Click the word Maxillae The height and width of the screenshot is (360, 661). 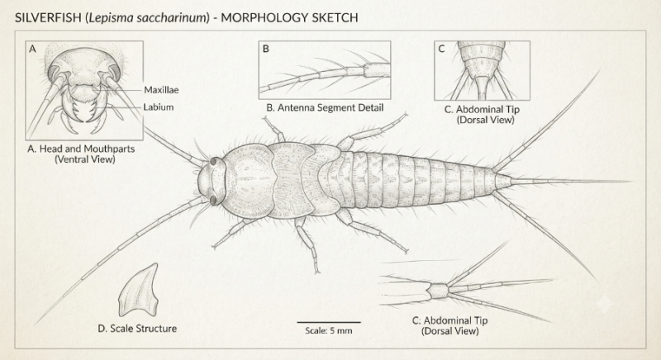tap(161, 90)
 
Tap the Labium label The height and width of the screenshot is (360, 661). tap(159, 107)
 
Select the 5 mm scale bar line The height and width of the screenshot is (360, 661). tap(329, 323)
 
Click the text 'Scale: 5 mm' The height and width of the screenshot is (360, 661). tap(329, 330)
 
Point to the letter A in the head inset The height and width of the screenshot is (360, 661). tap(32, 49)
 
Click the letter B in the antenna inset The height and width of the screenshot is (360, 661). tap(265, 49)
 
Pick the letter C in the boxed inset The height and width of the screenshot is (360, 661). tap(441, 49)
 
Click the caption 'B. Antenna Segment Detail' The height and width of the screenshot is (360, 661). tap(325, 108)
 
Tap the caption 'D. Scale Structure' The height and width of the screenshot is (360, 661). tap(137, 329)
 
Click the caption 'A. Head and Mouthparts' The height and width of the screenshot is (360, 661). tap(81, 149)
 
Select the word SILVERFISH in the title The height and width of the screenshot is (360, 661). tap(48, 17)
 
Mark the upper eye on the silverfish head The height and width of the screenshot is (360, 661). tap(213, 161)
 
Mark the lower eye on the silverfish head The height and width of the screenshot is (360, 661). tap(213, 201)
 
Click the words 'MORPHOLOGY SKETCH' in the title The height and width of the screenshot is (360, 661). tap(290, 17)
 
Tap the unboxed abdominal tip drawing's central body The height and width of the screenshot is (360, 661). tap(438, 290)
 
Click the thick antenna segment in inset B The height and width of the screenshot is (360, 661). tap(377, 69)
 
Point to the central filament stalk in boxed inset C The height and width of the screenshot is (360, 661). tap(483, 88)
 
